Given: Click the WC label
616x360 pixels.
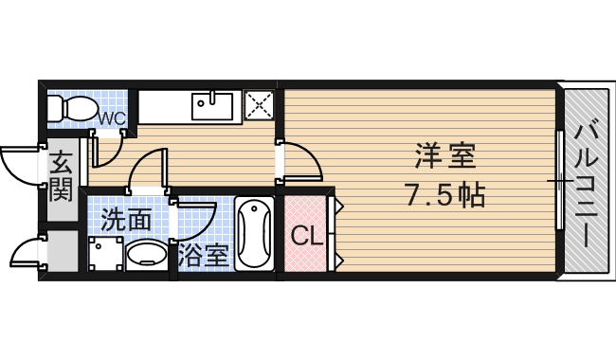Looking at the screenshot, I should (114, 117).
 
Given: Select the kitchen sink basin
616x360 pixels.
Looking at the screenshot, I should (213, 104).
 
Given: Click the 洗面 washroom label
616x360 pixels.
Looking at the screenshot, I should (126, 221).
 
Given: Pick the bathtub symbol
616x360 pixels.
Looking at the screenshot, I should (254, 234).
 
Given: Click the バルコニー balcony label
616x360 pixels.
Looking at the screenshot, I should (587, 180).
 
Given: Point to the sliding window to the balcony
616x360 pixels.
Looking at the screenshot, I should (560, 180).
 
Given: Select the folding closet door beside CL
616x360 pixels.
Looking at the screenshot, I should (334, 232).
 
